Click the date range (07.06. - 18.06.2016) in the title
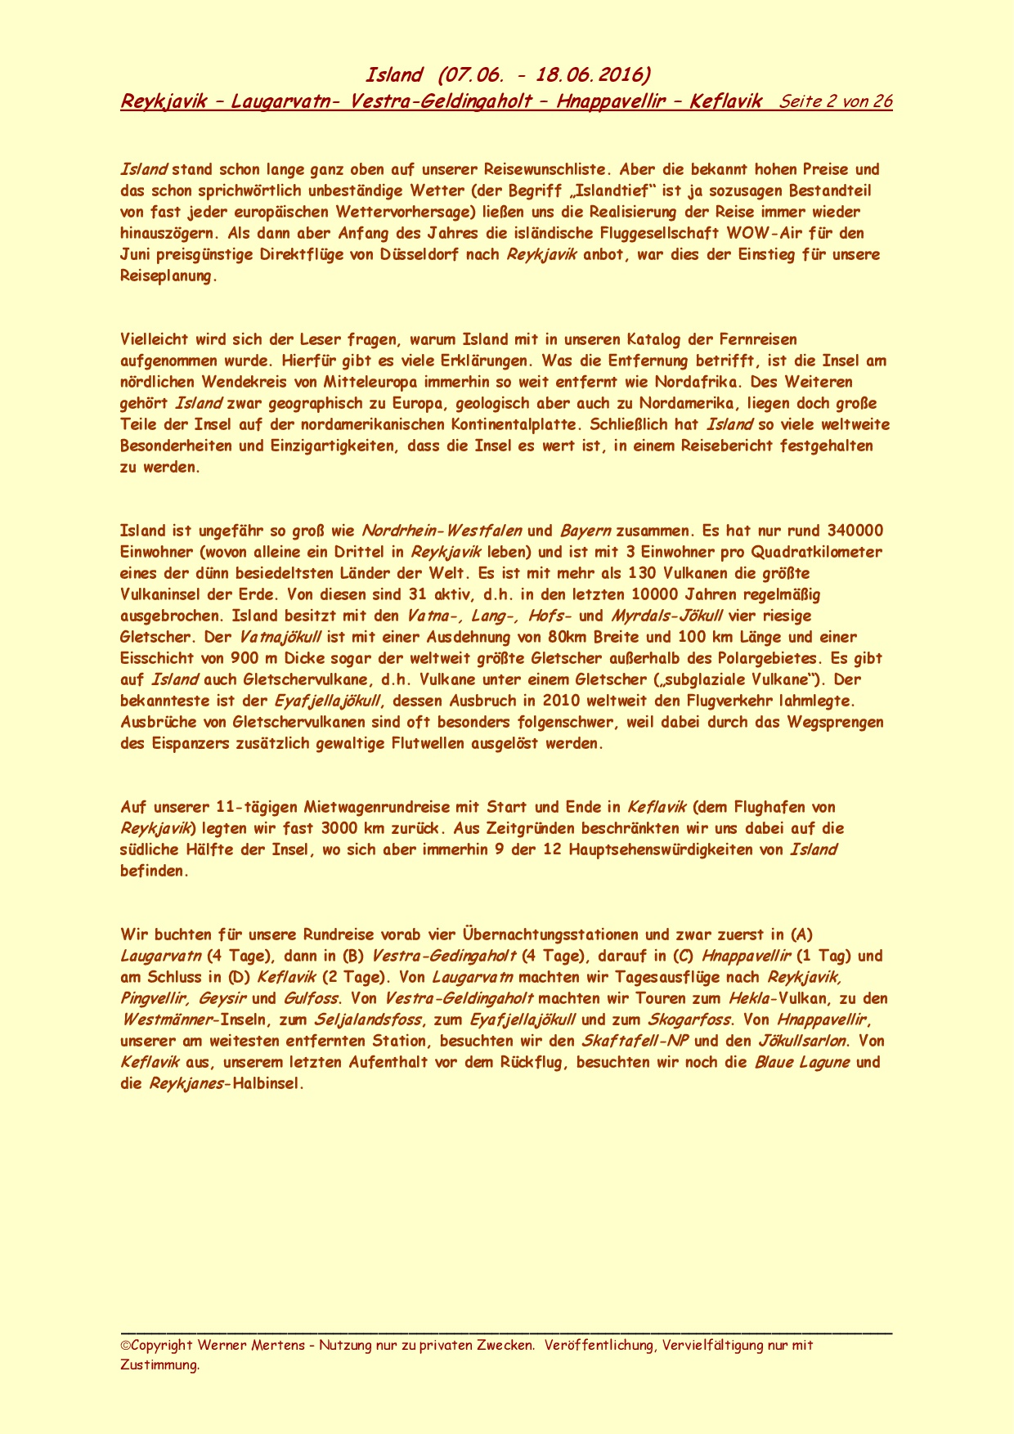click(x=545, y=75)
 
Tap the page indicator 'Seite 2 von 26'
click(x=836, y=101)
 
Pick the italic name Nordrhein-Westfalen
click(x=441, y=531)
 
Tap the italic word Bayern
click(x=586, y=531)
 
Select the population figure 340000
click(x=855, y=531)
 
